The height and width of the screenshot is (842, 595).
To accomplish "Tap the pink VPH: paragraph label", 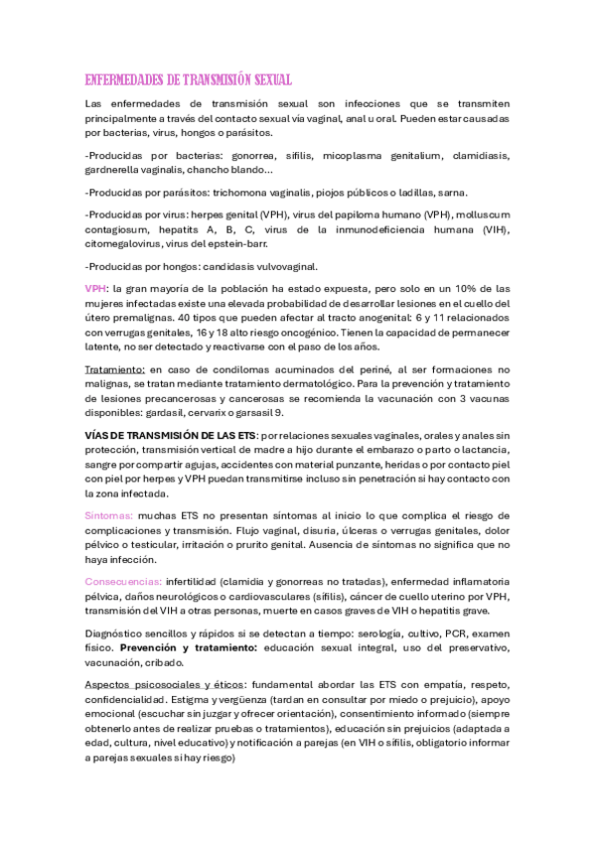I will click(96, 288).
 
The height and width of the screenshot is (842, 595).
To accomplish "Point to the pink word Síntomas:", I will click(110, 515).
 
